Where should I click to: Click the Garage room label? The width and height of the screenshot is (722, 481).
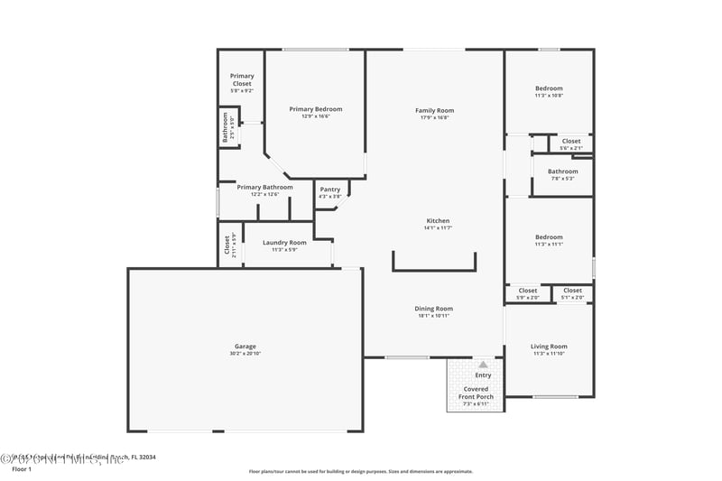(x=245, y=346)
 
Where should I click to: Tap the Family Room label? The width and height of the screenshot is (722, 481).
(x=434, y=109)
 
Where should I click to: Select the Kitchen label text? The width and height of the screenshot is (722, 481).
(x=438, y=221)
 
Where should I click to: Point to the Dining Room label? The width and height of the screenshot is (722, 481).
(x=433, y=309)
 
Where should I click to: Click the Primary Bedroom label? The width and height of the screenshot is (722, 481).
(x=315, y=109)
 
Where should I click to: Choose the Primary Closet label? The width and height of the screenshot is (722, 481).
(x=241, y=79)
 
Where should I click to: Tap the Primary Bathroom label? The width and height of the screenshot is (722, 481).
(x=264, y=187)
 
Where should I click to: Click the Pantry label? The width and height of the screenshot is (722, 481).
(x=330, y=190)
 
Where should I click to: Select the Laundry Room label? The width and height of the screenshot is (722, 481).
(x=284, y=242)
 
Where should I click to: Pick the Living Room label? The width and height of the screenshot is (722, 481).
(x=549, y=347)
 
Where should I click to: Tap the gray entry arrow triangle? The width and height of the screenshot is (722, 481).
(x=483, y=364)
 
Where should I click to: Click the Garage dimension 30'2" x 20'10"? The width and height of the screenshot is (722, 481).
(x=245, y=354)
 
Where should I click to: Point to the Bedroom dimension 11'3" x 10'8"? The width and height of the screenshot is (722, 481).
(x=549, y=96)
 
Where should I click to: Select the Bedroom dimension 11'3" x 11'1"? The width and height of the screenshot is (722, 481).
(x=549, y=245)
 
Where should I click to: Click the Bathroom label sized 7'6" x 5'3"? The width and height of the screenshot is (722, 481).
(x=562, y=171)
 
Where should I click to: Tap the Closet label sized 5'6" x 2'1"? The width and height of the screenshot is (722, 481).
(x=571, y=141)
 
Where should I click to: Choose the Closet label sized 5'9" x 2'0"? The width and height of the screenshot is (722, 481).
(x=528, y=291)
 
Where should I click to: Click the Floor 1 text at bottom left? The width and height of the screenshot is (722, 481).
(x=21, y=469)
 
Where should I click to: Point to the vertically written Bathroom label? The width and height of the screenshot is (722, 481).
(x=226, y=127)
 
